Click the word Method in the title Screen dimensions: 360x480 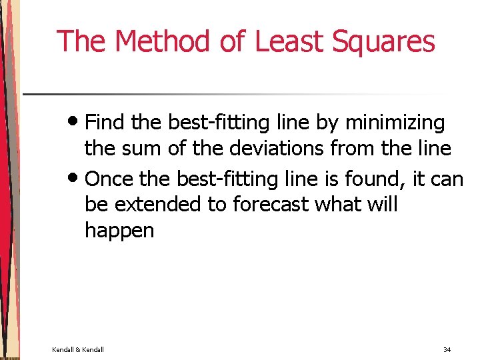tap(163, 41)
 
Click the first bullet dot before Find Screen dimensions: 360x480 tap(76, 123)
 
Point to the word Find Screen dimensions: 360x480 tap(106, 123)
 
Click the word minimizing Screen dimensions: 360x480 tap(395, 123)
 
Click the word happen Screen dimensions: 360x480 tap(119, 231)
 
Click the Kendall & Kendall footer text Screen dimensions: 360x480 tap(78, 349)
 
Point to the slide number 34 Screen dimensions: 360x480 tap(447, 349)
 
